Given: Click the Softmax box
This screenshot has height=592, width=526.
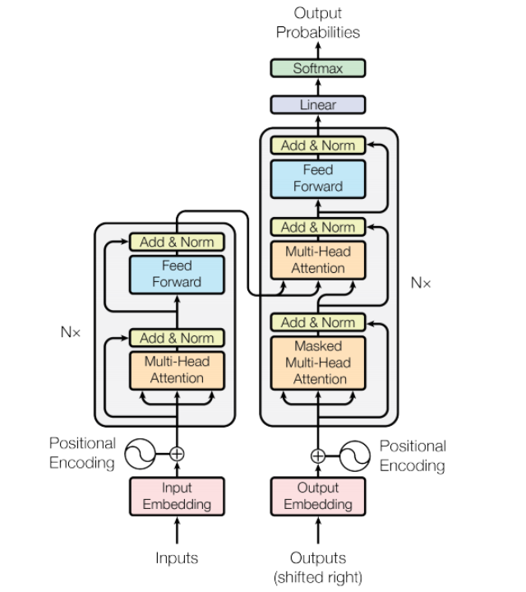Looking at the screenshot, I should [x=317, y=68].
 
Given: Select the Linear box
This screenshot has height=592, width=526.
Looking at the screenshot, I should [x=317, y=105].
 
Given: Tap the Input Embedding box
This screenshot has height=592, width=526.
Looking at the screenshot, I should [x=177, y=496].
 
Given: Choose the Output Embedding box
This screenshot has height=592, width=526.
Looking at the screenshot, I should [x=317, y=496].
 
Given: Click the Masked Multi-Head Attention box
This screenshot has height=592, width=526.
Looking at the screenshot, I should [x=317, y=363].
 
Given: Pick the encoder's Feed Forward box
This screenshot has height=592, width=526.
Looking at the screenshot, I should [x=177, y=274].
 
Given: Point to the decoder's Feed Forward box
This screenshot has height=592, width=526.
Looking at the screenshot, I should [x=317, y=178].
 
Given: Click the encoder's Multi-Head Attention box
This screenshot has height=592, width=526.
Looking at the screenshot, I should [x=177, y=370].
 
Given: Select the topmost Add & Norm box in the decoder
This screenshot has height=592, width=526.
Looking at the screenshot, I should [x=317, y=146].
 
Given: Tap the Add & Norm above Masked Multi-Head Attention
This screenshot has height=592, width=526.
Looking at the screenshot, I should [x=317, y=322].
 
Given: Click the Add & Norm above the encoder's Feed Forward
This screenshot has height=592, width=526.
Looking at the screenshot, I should [x=177, y=242].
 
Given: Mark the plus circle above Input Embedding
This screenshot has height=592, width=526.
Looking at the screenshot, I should [x=177, y=453].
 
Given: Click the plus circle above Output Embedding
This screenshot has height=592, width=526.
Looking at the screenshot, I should [x=318, y=455].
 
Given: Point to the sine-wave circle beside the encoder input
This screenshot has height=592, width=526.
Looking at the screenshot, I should [x=140, y=453].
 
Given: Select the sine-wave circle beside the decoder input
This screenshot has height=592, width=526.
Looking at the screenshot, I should [x=355, y=455].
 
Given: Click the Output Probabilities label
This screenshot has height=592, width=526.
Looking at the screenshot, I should [x=317, y=23].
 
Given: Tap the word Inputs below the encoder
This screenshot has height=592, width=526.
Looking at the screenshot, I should [x=177, y=557].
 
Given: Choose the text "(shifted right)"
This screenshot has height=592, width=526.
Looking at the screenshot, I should [x=317, y=576].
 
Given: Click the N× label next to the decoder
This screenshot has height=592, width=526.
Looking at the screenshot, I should [x=420, y=283].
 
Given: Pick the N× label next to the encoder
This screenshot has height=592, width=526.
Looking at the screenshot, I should [x=71, y=332].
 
